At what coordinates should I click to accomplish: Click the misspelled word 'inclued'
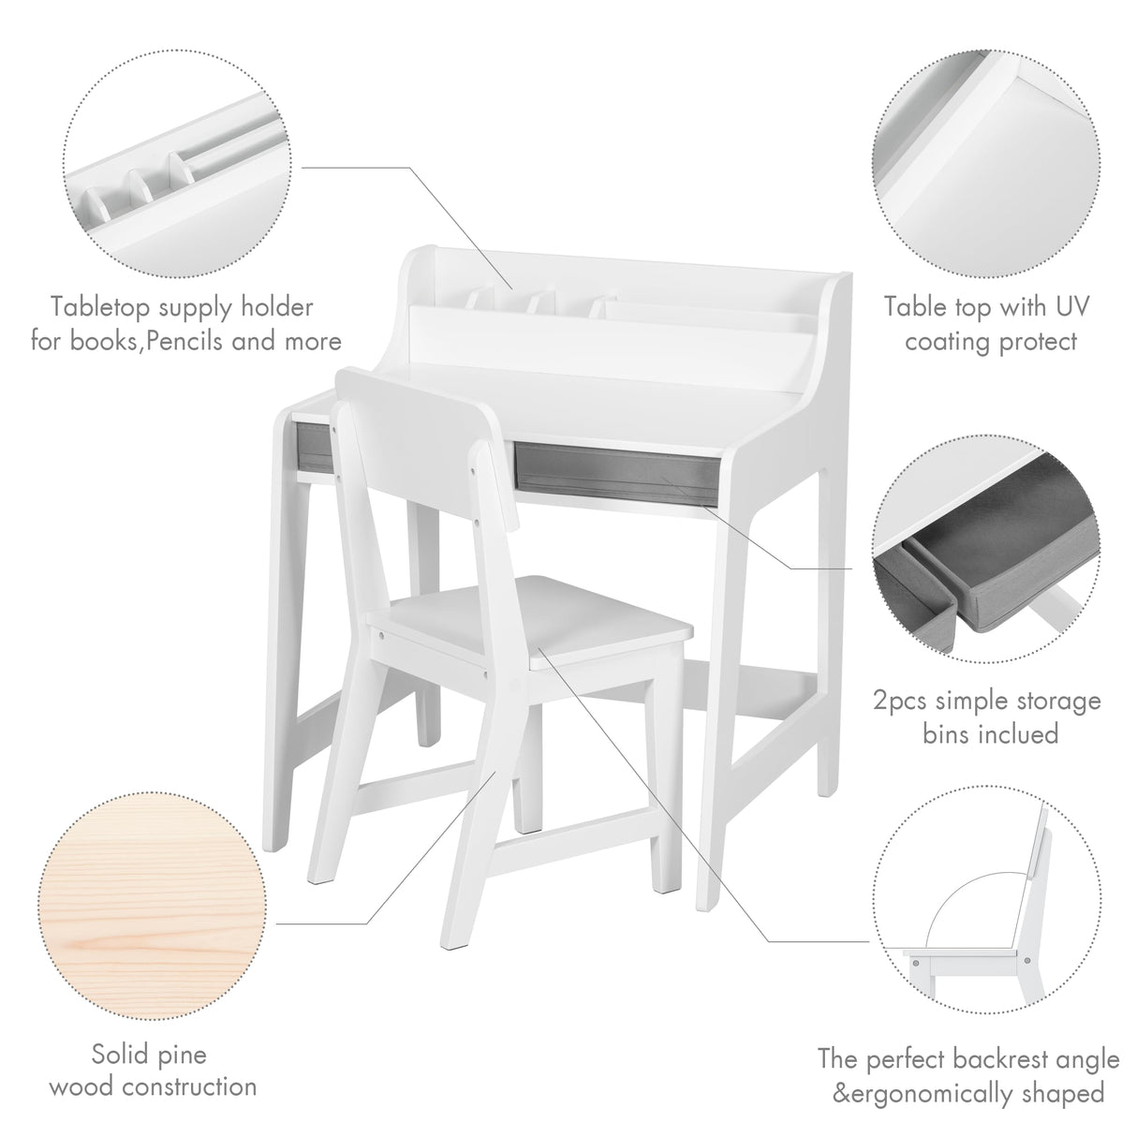tap(1016, 732)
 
